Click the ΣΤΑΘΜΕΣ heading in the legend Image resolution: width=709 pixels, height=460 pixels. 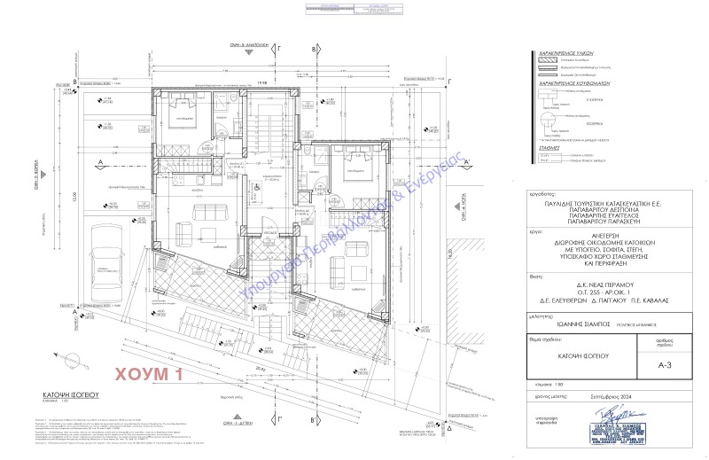point(551,149)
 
